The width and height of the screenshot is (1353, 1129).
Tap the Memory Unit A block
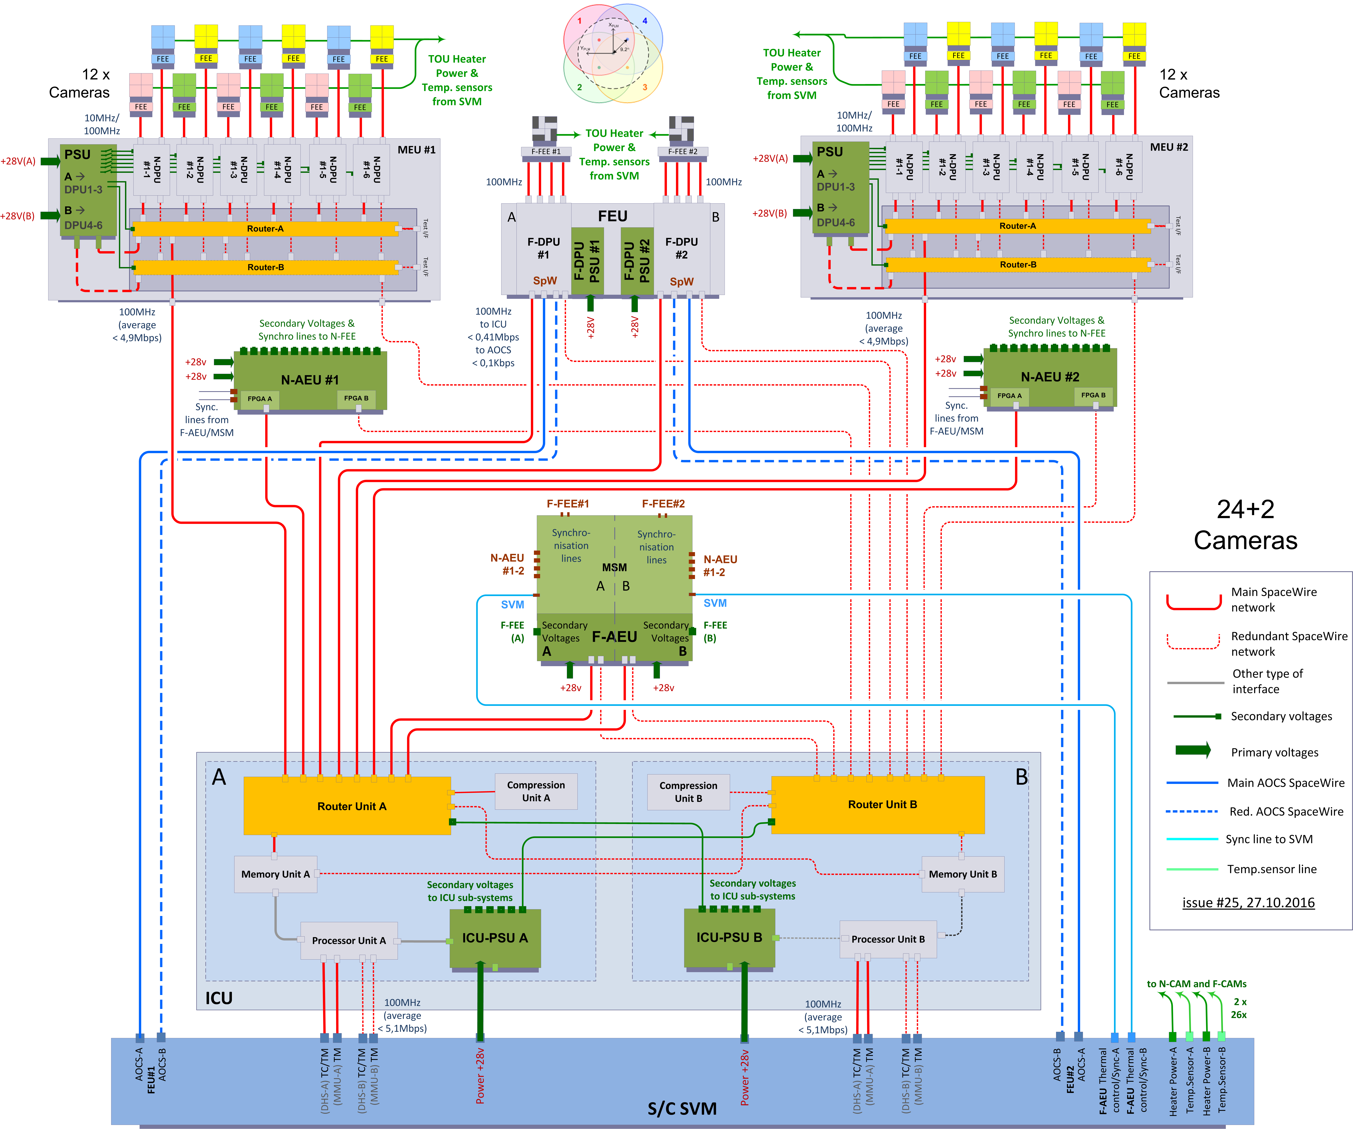click(x=275, y=874)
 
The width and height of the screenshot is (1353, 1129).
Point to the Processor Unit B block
click(x=888, y=939)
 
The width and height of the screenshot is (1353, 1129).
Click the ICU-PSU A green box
click(x=495, y=938)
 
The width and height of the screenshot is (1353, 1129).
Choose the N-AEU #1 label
click(x=309, y=380)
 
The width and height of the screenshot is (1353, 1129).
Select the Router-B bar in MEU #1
click(x=265, y=267)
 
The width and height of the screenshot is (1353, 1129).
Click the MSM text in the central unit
click(x=614, y=567)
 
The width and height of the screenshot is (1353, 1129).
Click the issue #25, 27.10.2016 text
click(x=1248, y=902)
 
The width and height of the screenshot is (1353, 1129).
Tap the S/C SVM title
click(x=682, y=1108)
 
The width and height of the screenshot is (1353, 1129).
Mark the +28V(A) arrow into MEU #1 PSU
click(x=50, y=161)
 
